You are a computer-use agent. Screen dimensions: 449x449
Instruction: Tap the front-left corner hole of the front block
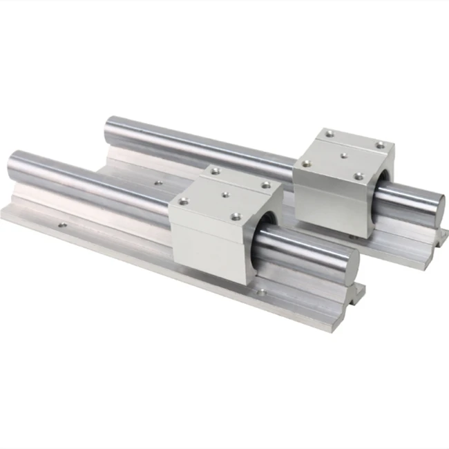point(184,202)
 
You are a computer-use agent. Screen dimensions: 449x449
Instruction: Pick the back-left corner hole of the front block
point(215,169)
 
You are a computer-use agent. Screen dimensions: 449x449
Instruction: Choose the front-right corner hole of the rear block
point(358,177)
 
